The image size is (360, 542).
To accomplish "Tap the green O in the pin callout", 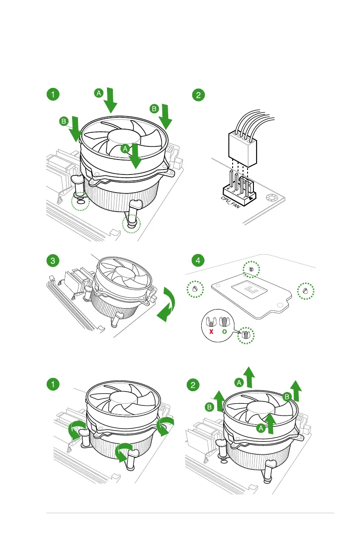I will (224, 331).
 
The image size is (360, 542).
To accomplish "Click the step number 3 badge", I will (53, 261).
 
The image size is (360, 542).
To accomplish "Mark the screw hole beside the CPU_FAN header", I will (272, 198).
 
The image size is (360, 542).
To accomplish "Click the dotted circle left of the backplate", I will (195, 289).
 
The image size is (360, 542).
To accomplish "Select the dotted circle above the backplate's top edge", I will (251, 269).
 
